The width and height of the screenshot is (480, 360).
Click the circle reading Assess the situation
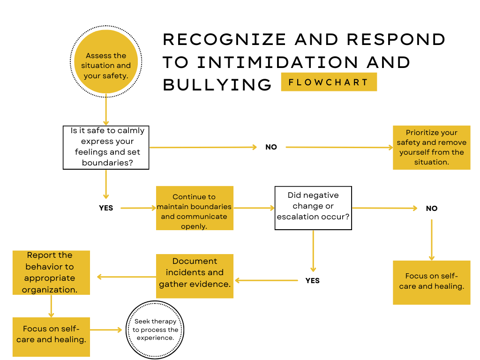pyautogui.click(x=106, y=61)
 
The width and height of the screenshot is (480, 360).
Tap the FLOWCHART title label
pyautogui.click(x=329, y=82)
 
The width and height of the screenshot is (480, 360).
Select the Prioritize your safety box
pyautogui.click(x=431, y=147)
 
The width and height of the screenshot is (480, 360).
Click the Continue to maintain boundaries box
pyautogui.click(x=195, y=208)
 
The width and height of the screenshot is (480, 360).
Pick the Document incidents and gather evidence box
pyautogui.click(x=195, y=276)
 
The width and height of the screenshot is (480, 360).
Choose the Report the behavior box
pyautogui.click(x=51, y=272)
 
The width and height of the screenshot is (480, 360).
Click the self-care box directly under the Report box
pyautogui.click(x=51, y=337)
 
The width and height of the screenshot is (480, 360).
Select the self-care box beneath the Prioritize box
pyautogui.click(x=431, y=282)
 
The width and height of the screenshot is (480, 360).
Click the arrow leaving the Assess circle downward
pyautogui.click(x=106, y=110)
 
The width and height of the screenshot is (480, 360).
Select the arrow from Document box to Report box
pyautogui.click(x=126, y=277)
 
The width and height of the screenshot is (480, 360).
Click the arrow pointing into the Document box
pyautogui.click(x=266, y=280)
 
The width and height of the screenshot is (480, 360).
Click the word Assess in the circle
pyautogui.click(x=99, y=56)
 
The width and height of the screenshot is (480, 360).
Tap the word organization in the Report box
pyautogui.click(x=50, y=290)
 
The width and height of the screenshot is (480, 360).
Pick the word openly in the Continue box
pyautogui.click(x=194, y=226)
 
